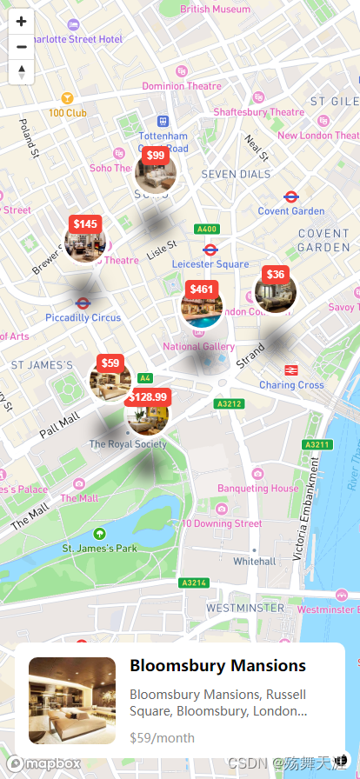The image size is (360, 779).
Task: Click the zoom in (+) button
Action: tap(21, 22)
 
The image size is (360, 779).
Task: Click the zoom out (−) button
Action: tap(21, 46)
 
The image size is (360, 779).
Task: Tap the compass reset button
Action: tap(21, 71)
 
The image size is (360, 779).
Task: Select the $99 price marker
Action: tap(156, 156)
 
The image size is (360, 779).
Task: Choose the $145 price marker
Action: tap(85, 224)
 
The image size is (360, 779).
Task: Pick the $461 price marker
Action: tap(201, 290)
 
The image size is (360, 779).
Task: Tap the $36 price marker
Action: tap(275, 275)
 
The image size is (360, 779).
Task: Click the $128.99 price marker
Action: tap(147, 397)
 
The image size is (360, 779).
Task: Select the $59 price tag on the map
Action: tap(110, 363)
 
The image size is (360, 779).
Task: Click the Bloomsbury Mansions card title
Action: tap(217, 666)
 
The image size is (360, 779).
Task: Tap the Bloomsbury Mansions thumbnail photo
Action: tap(72, 700)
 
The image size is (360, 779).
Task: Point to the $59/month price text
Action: tap(162, 738)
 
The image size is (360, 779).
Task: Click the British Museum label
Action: tap(215, 10)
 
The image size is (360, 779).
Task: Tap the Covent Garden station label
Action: tap(291, 211)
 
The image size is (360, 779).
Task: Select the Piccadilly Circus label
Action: tap(83, 317)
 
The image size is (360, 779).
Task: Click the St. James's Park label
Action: tap(99, 549)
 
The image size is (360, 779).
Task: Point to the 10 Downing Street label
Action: tap(222, 523)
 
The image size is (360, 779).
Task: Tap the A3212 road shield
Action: tap(228, 404)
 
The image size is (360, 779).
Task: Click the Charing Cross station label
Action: tap(291, 384)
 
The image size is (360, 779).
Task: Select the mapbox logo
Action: tap(44, 763)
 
